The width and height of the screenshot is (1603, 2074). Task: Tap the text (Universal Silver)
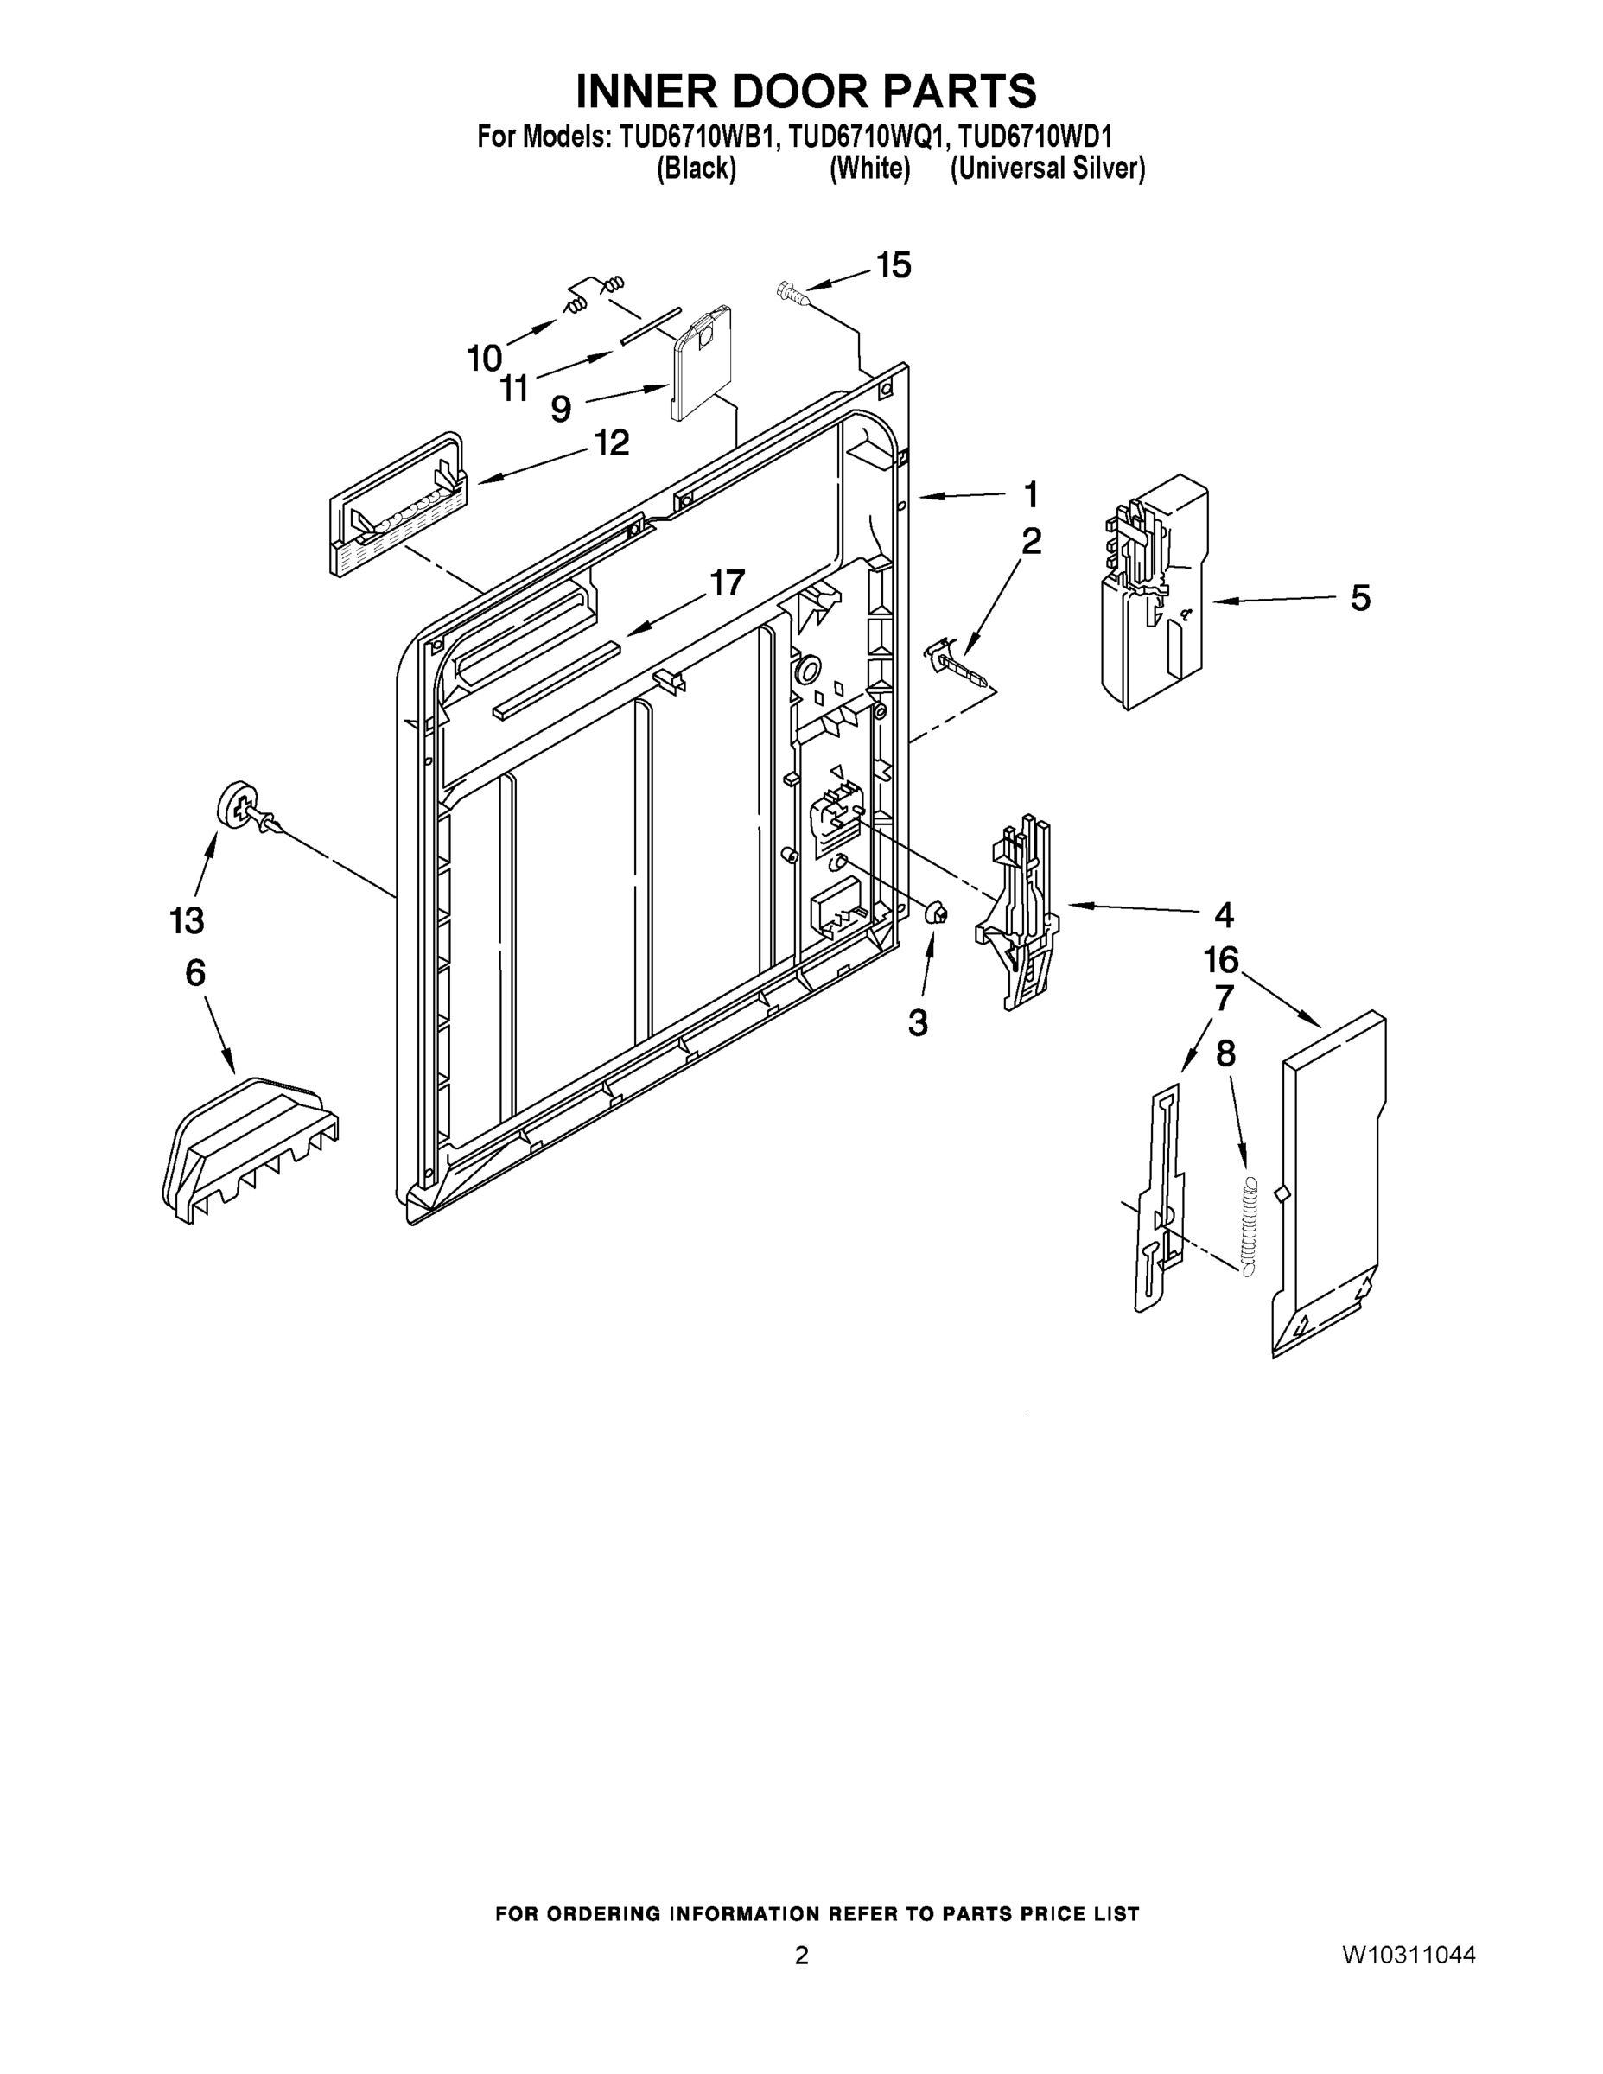pos(1047,169)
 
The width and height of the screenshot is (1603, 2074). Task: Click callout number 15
pos(893,266)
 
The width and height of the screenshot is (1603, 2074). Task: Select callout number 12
pos(612,442)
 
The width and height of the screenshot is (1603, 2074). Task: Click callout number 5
pos(1360,598)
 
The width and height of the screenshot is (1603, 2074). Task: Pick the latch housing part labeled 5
pos(1153,594)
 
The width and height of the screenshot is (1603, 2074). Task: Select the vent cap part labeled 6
pos(249,1147)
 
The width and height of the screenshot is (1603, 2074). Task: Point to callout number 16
pos(1221,960)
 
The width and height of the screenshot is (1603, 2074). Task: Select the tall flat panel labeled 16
pos(1330,1182)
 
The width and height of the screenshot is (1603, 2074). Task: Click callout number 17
pos(728,582)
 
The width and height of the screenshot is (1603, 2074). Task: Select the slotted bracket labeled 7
pos(1162,1201)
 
